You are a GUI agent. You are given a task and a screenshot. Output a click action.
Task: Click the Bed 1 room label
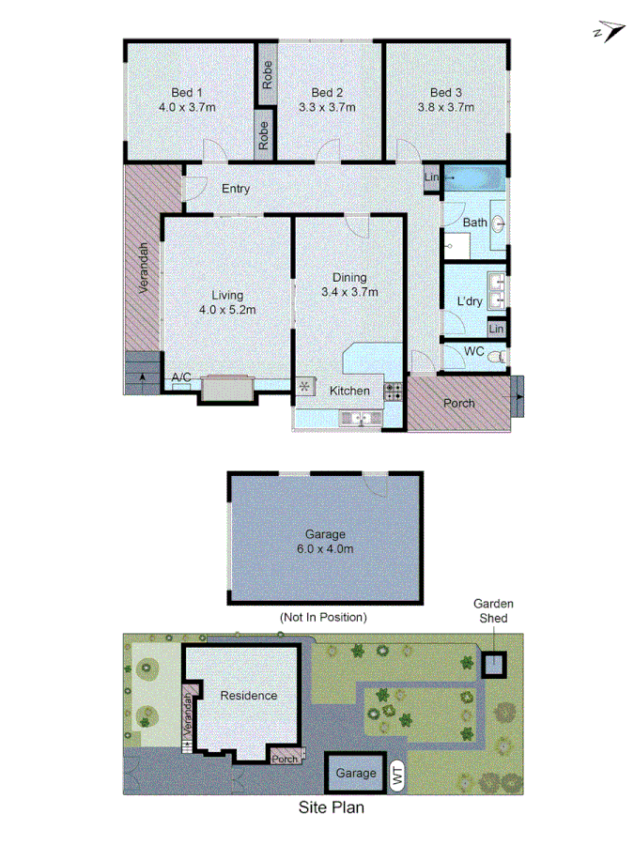187,92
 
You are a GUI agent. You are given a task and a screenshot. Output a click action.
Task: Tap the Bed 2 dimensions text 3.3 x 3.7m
327,107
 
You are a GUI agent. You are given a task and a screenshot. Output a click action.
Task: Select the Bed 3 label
446,92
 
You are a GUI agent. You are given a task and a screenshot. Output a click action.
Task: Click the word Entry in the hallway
236,189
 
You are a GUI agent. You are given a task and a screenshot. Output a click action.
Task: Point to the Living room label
227,294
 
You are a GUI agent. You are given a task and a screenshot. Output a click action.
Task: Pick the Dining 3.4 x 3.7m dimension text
349,292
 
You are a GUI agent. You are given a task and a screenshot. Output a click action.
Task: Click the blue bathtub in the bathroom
475,177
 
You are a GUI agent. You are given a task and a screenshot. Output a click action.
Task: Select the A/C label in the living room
181,377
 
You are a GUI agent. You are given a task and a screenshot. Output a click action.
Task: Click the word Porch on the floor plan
459,404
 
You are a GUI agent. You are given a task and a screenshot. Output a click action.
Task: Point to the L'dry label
469,301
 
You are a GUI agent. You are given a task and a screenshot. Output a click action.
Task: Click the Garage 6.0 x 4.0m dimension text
324,548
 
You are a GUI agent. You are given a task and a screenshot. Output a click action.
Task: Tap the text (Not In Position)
323,617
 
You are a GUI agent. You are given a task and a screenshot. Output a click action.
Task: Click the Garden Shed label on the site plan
493,611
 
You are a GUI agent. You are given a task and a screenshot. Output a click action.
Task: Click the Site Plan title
331,807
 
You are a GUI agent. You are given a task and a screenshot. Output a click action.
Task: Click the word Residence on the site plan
249,696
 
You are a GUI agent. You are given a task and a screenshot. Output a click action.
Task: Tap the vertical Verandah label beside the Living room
146,270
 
